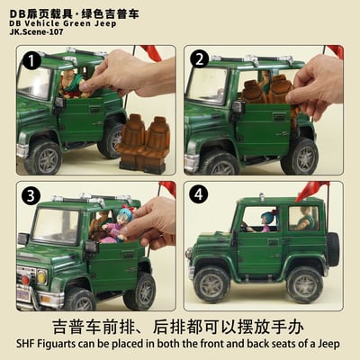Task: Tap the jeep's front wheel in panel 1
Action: click(43, 157)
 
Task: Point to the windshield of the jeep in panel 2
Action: click(206, 85)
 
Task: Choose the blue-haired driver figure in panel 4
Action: click(266, 220)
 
